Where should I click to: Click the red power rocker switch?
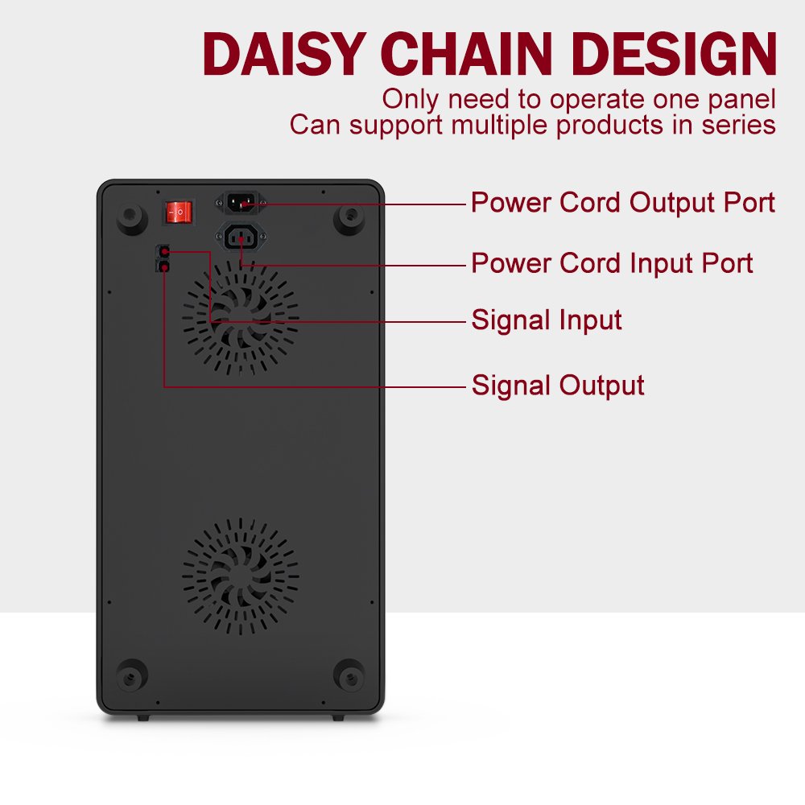(x=179, y=212)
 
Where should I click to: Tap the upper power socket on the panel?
(x=240, y=202)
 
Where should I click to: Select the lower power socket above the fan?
(x=241, y=237)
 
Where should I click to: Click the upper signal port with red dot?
(x=163, y=251)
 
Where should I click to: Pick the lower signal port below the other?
(x=163, y=266)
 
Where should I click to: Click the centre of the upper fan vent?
(x=240, y=317)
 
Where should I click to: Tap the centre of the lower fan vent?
(x=240, y=576)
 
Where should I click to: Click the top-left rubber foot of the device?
(x=132, y=218)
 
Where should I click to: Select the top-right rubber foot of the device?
(x=349, y=218)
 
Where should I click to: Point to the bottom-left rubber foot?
(x=132, y=675)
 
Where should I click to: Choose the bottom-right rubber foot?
(x=349, y=675)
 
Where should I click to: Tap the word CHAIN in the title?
(x=466, y=54)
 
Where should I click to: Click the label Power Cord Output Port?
(x=623, y=203)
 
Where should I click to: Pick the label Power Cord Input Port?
(x=612, y=263)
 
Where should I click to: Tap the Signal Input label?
(x=547, y=320)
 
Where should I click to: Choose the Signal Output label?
(x=558, y=386)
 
